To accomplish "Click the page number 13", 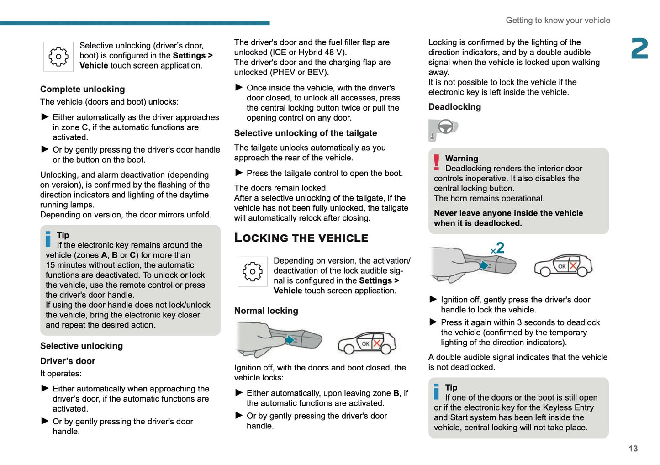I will (633, 449).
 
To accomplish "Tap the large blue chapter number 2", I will (639, 49).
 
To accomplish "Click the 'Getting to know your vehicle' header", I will (558, 21).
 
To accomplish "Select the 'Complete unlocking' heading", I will (82, 89).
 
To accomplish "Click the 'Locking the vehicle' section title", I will (301, 238).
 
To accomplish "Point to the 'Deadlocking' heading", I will (454, 107).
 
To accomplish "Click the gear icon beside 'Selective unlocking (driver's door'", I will (58, 57).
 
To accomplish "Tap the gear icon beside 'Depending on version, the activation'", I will (253, 271).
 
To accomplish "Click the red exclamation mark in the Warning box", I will (437, 163).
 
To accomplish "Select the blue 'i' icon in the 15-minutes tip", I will (48, 239).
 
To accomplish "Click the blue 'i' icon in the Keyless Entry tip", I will (437, 391).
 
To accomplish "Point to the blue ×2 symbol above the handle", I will (497, 248).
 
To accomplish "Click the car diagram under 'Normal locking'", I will (367, 343).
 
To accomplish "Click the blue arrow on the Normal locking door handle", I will (290, 340).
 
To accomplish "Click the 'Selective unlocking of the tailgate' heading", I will (306, 133).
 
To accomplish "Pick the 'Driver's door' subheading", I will (68, 361).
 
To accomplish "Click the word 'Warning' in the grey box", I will (462, 159).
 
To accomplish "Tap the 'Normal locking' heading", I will (266, 311).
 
